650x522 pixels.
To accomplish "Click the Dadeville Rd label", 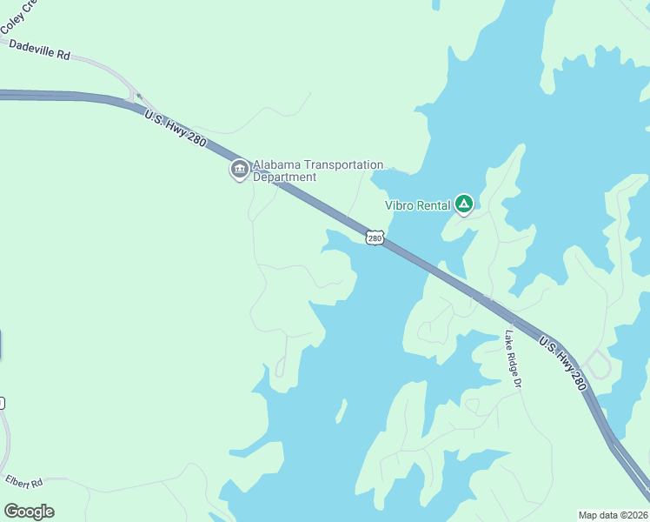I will click(39, 48).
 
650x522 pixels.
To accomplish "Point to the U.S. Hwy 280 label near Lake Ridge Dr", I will click(563, 363).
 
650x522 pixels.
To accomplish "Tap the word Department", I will click(284, 177).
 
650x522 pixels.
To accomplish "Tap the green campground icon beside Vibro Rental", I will click(464, 205).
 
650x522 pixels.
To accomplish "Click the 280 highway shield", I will click(375, 238).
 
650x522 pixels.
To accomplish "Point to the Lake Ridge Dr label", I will click(512, 358).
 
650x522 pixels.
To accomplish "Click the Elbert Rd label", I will click(23, 481).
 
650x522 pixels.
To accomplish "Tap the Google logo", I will click(29, 512).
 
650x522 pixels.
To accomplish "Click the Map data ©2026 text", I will click(613, 515).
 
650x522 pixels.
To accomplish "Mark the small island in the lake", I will click(342, 410).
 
